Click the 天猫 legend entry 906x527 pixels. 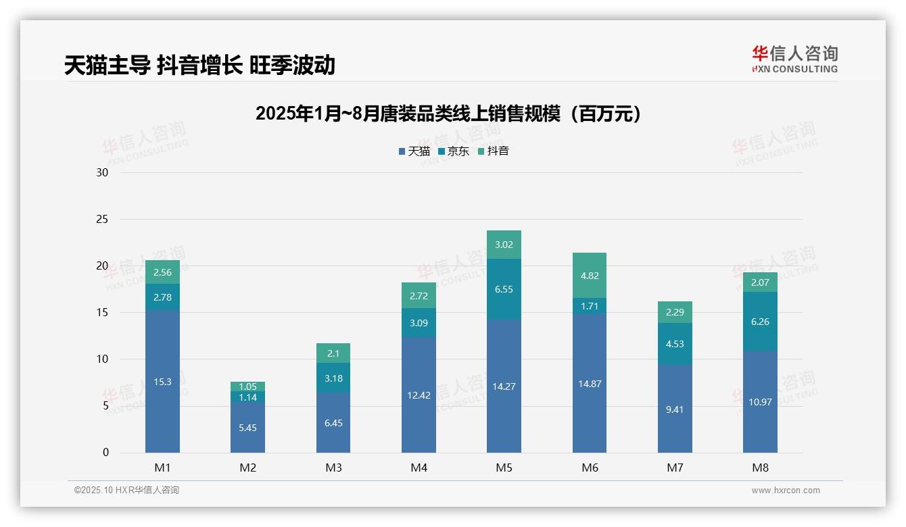[414, 151]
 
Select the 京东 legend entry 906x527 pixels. [454, 151]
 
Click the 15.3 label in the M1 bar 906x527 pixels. [162, 382]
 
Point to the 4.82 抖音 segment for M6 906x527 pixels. [590, 276]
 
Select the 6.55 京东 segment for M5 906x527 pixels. [504, 289]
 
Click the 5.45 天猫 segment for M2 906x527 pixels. [247, 428]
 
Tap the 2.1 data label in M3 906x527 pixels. [333, 353]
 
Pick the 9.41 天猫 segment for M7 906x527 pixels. [675, 409]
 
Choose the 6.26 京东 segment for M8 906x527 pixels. [760, 322]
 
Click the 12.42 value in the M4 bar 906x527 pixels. [419, 395]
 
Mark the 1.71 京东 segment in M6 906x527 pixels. [590, 306]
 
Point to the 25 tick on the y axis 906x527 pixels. [102, 220]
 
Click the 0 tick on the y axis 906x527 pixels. [105, 453]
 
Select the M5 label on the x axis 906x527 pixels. [504, 468]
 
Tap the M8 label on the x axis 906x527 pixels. [760, 468]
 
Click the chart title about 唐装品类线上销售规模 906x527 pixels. [448, 114]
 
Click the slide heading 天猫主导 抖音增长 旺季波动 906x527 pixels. [199, 65]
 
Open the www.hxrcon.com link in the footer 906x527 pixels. [786, 491]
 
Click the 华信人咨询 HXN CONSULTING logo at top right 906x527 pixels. [794, 59]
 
